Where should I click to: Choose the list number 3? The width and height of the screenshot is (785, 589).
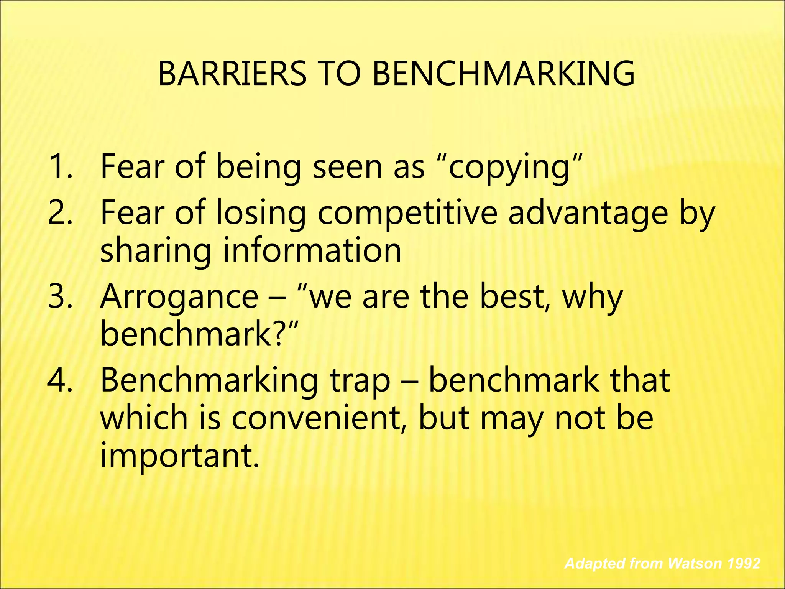(59, 296)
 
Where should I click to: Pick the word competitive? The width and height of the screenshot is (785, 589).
(407, 213)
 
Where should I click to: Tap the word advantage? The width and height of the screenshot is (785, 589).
(588, 213)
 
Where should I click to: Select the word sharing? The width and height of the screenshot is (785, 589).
(155, 251)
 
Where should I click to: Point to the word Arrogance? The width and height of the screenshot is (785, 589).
(179, 297)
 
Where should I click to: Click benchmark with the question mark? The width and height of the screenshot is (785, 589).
(195, 334)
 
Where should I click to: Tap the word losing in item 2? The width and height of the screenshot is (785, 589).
(261, 213)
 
